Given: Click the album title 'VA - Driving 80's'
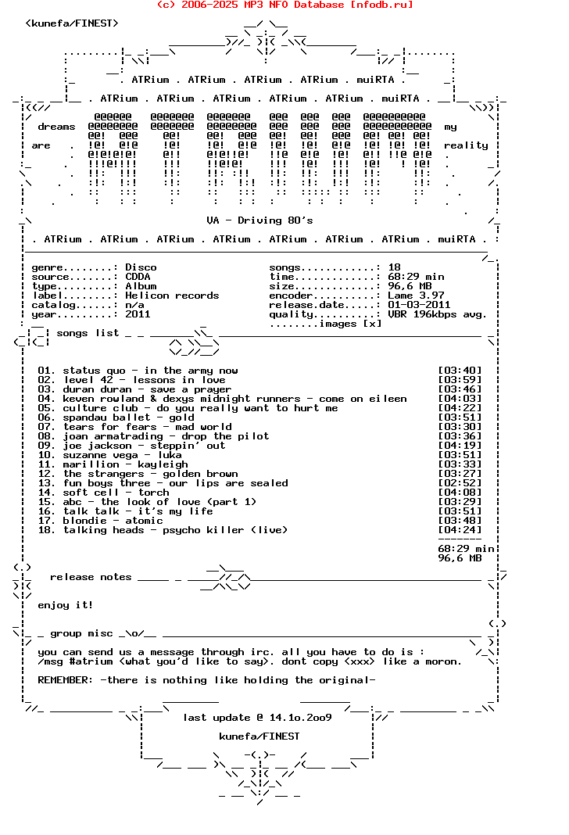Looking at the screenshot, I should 259,220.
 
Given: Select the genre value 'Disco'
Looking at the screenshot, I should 141,267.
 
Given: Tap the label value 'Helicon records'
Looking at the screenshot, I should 172,296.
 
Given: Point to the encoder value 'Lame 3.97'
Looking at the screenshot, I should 416,296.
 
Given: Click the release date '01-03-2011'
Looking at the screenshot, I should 419,305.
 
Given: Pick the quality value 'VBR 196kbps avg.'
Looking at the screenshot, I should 438,314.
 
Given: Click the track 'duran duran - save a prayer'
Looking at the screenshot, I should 147,389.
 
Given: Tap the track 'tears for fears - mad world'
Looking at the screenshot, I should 147,427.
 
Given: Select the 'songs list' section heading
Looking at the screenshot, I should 88,333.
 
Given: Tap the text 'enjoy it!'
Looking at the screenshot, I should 66,605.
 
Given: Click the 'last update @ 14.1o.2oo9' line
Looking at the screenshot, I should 257,718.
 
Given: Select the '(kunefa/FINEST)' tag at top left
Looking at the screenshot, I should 72,23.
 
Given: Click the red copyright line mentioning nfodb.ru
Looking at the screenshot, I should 284,5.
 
